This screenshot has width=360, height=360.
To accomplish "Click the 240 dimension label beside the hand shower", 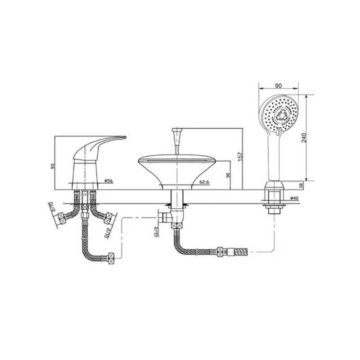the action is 304,137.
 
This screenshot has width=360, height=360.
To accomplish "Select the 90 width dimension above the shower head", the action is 278,86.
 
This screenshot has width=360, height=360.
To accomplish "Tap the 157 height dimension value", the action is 240,157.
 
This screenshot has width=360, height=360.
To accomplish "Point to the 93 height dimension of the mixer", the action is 53,166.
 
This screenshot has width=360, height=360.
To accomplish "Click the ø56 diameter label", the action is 109,181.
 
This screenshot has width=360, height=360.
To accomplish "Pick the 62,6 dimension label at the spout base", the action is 204,182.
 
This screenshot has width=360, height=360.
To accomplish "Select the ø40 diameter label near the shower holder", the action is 294,198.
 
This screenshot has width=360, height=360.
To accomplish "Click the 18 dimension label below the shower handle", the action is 301,185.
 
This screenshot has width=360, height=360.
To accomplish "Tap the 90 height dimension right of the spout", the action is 228,175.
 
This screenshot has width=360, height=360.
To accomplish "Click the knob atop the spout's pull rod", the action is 177,130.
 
